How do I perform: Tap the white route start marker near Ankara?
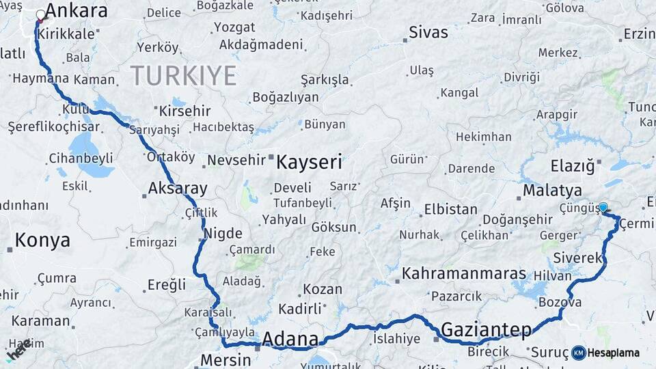[x=41, y=14]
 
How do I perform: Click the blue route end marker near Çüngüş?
[x=603, y=207]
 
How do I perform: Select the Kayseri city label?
[x=309, y=162]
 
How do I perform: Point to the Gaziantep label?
[x=486, y=330]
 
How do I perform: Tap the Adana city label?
[x=290, y=339]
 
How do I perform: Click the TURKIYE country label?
[x=183, y=74]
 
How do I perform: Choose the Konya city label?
[x=42, y=240]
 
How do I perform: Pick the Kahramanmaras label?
[x=463, y=274]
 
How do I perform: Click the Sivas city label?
[x=428, y=32]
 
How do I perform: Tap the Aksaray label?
[x=178, y=189]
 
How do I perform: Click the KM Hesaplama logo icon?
[x=579, y=353]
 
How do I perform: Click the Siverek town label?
[x=577, y=258]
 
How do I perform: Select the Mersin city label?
[x=225, y=359]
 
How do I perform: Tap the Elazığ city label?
[x=573, y=165]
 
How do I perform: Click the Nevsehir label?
[x=236, y=160]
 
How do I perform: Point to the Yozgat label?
[x=234, y=28]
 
